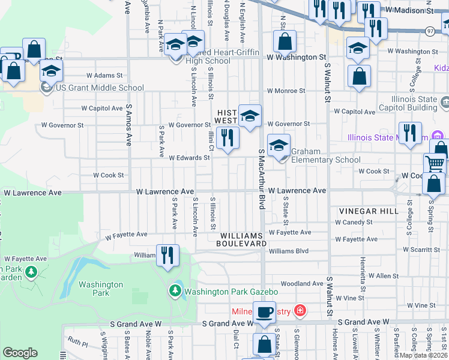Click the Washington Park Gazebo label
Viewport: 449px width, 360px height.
[x=231, y=292]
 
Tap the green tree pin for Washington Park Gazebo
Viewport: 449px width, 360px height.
[x=175, y=292]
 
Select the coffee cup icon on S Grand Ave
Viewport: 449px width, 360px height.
[x=264, y=313]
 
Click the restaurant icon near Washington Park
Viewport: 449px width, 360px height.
[x=167, y=255]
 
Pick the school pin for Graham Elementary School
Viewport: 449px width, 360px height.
[x=279, y=146]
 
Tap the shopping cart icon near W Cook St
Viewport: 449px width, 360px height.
[x=435, y=163]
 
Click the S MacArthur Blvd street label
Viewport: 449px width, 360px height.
[x=262, y=180]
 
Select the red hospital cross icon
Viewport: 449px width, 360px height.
[x=300, y=311]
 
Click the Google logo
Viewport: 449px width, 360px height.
[x=20, y=352]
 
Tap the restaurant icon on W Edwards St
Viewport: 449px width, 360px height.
[x=228, y=138]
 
